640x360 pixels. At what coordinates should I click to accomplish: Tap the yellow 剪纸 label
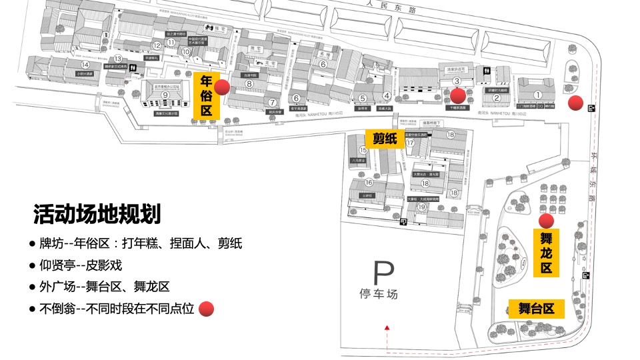384,139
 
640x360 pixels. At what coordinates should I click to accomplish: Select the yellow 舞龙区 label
546,253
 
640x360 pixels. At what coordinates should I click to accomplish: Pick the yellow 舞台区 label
536,308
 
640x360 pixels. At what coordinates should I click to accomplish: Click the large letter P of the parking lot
383,273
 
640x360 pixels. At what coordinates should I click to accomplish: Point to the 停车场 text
377,293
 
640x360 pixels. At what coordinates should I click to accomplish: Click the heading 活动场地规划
97,215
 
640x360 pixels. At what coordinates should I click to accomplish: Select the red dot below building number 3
457,95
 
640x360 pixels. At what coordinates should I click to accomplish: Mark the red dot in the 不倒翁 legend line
207,309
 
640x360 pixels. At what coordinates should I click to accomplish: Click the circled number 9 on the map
164,95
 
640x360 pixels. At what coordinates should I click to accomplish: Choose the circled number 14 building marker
85,64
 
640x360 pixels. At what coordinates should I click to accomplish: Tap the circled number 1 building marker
538,95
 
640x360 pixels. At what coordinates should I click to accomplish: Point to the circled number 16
369,182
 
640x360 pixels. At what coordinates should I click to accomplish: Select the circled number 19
421,207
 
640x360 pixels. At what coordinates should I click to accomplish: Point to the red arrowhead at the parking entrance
387,327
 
